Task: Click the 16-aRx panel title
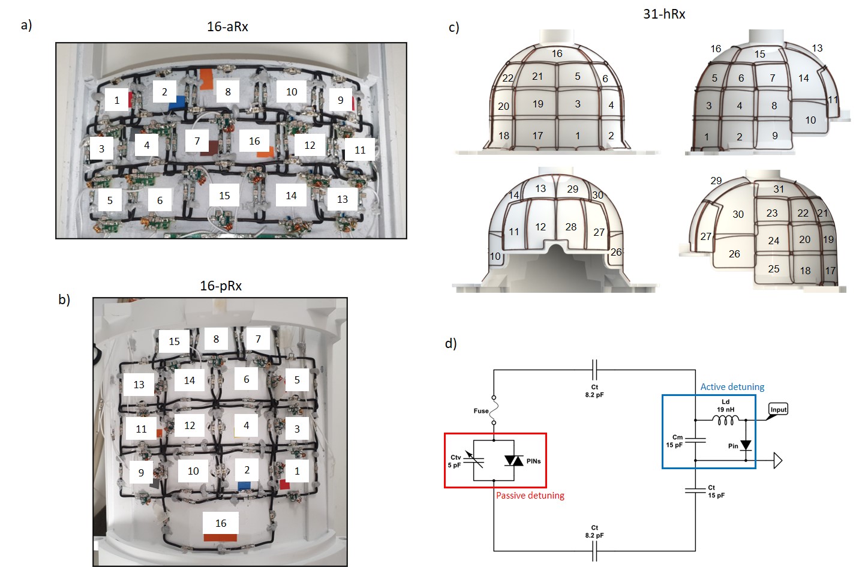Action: [x=227, y=26]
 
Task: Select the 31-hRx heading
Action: [x=664, y=14]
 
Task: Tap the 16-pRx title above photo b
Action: [x=221, y=286]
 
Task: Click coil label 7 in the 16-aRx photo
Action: [x=197, y=141]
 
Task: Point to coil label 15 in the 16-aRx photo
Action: [x=224, y=196]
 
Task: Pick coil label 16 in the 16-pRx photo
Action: [x=221, y=523]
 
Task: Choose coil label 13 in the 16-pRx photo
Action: [x=139, y=384]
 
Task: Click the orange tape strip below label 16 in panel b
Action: [x=220, y=538]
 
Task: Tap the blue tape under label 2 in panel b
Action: [x=244, y=486]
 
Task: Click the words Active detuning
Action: [x=732, y=387]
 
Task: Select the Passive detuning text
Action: [x=530, y=496]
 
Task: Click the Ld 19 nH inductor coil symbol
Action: [x=726, y=420]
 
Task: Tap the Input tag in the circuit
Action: [x=779, y=410]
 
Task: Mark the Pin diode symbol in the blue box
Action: [x=746, y=445]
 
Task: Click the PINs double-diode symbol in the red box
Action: [x=513, y=461]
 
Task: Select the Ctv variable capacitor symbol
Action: [x=474, y=460]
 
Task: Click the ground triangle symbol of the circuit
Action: [x=778, y=460]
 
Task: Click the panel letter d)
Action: [x=451, y=343]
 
